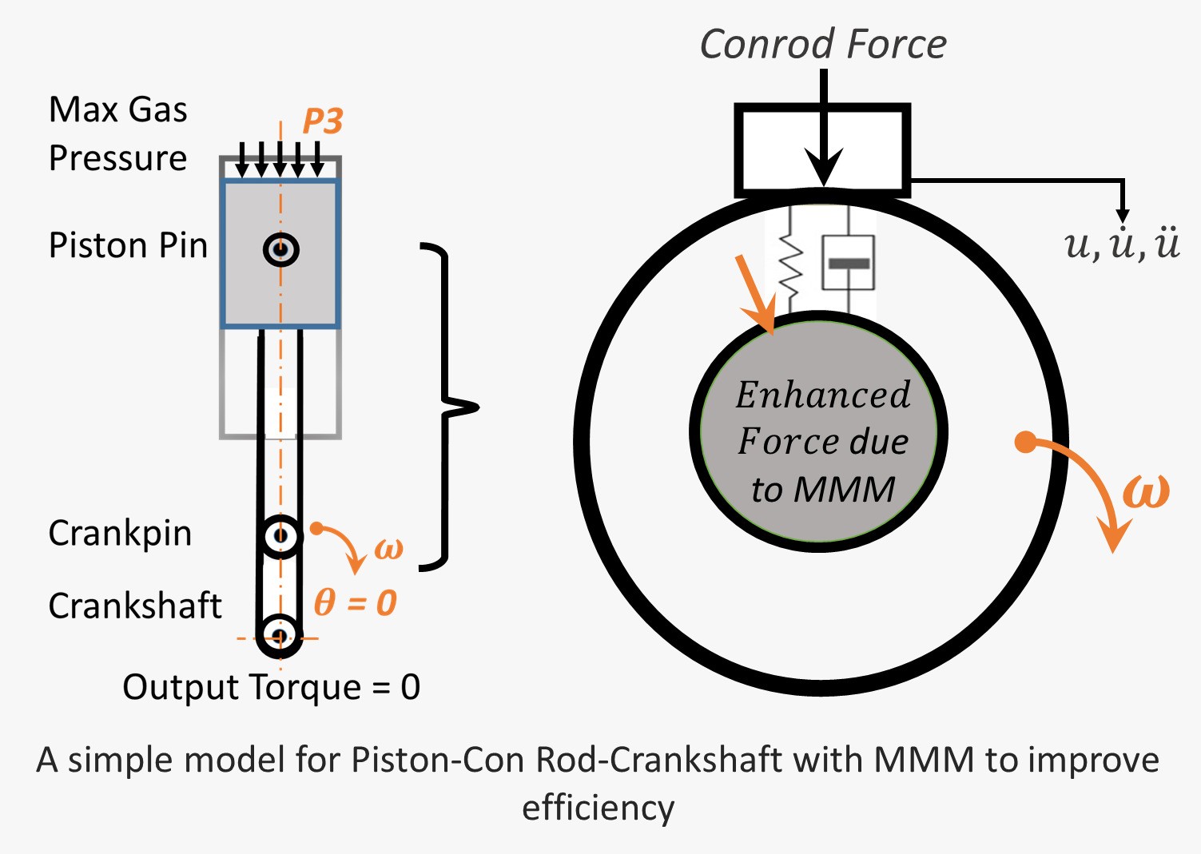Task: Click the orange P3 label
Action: (x=323, y=121)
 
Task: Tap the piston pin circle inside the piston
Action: (x=280, y=249)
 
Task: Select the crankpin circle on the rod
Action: (x=280, y=535)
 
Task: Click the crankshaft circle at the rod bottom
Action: (x=280, y=636)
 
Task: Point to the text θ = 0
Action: (x=355, y=602)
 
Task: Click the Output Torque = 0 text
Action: (x=272, y=687)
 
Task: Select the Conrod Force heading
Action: (x=823, y=44)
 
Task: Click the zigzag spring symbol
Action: (x=790, y=260)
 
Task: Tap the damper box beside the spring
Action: (x=848, y=262)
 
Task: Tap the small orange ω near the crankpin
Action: (x=389, y=549)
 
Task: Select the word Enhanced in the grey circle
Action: (x=823, y=395)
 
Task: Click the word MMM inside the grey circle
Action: (x=845, y=489)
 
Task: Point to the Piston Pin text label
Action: (x=128, y=245)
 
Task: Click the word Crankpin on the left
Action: (x=120, y=533)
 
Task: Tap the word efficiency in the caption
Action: (x=599, y=808)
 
